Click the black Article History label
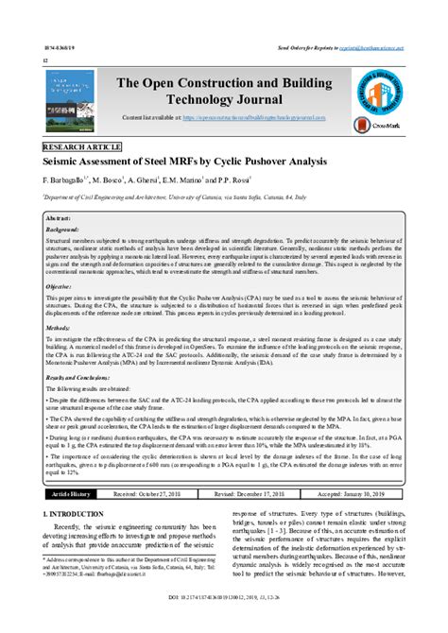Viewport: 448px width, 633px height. pyautogui.click(x=73, y=493)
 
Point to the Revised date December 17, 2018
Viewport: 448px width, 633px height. pyautogui.click(x=252, y=493)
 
